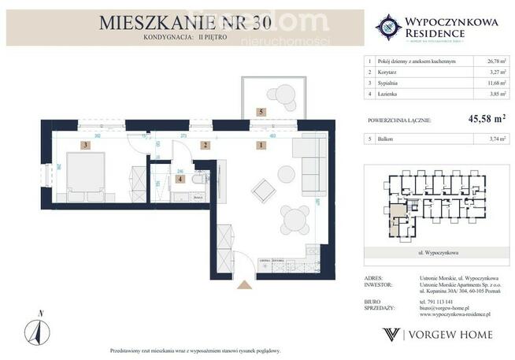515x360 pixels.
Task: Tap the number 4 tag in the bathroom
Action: click(180, 179)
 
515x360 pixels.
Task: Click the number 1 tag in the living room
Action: click(260, 145)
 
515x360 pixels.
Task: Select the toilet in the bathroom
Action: click(198, 178)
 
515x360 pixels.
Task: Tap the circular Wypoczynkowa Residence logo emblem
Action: click(388, 27)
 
